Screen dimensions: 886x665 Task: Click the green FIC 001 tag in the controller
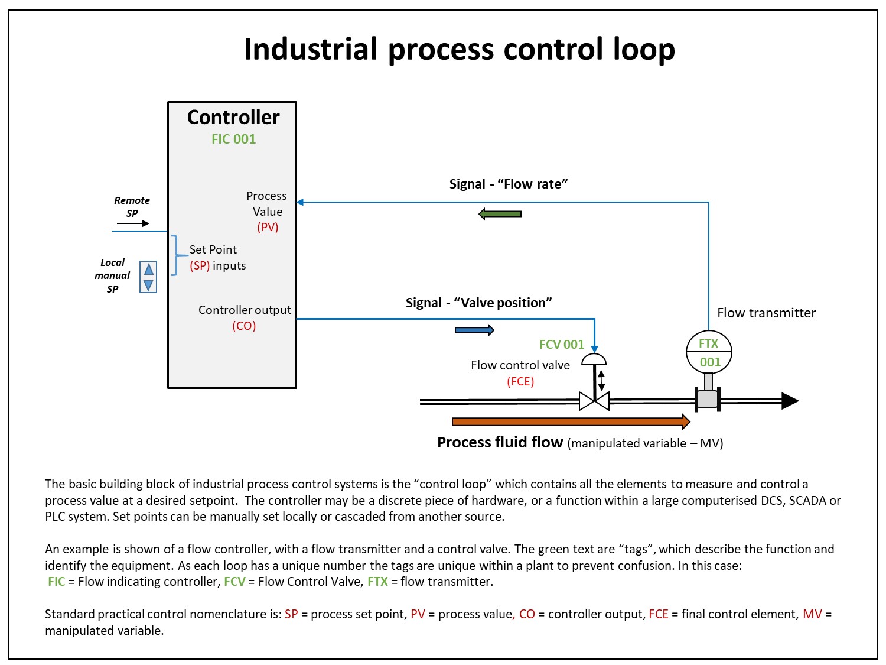tap(233, 139)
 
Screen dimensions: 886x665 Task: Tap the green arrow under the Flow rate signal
tap(499, 213)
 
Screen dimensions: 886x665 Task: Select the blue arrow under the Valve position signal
tap(474, 330)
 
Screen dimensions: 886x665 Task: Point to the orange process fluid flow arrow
tap(571, 421)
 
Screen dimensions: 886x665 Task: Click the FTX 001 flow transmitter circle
tap(709, 352)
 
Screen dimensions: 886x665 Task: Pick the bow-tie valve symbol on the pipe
tap(594, 401)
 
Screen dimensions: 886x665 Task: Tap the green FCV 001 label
tap(562, 344)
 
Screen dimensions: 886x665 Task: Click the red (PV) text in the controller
tap(268, 227)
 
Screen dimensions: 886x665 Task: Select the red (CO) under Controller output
tap(244, 326)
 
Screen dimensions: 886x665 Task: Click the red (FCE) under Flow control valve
tap(520, 381)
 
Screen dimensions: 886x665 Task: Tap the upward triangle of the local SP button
tap(148, 269)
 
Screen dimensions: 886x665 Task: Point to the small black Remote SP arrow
tap(133, 223)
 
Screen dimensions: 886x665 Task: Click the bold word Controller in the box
tap(233, 117)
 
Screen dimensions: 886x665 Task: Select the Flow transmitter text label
tap(766, 313)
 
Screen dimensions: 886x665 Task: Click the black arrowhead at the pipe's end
tap(790, 401)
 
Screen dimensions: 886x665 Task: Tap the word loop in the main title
tap(644, 49)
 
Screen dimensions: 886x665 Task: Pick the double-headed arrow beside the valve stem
tap(601, 381)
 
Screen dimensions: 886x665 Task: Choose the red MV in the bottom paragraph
tap(812, 614)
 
